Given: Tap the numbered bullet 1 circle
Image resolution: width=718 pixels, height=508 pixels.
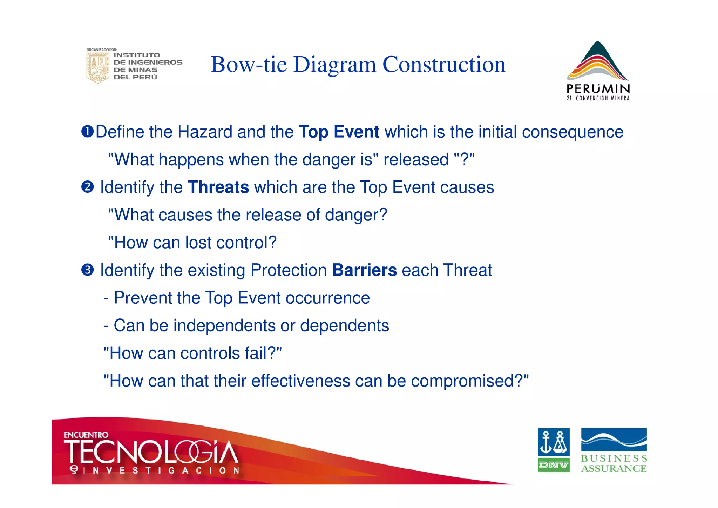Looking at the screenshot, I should coord(87,132).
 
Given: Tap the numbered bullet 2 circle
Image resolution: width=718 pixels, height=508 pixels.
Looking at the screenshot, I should coord(87,187).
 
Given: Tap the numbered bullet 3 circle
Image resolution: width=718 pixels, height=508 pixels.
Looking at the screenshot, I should coord(87,270).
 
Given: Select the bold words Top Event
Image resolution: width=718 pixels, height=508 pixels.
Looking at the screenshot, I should coord(339,132).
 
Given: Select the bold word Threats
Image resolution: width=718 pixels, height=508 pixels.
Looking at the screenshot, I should coord(218,187).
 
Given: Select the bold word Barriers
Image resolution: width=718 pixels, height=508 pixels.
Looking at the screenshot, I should coord(364,270).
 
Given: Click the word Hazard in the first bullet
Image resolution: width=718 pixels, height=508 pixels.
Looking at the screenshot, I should coord(205,132).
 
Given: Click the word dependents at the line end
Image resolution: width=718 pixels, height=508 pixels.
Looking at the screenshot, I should coord(344,325).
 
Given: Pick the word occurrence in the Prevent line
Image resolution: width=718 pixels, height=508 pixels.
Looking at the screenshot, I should coord(327,298).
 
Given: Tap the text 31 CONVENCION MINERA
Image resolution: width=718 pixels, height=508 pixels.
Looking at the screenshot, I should coord(598,98).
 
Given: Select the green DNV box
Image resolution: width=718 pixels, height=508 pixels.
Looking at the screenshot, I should coord(553,465).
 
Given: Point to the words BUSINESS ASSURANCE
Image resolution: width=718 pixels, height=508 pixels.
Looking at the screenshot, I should coord(614,464).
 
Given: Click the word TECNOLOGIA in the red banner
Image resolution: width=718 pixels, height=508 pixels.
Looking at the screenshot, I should coord(151,452).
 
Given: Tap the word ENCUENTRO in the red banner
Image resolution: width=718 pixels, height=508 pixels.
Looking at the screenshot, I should coord(86,435).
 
